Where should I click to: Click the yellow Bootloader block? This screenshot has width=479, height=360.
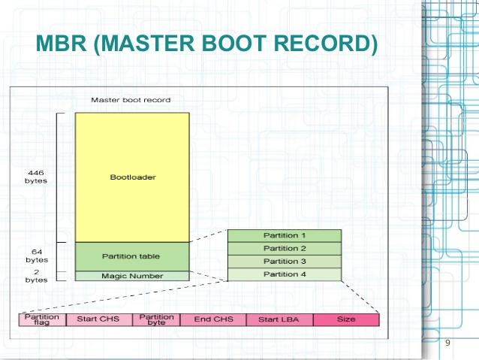pyautogui.click(x=131, y=177)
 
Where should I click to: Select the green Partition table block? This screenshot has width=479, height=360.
pyautogui.click(x=131, y=256)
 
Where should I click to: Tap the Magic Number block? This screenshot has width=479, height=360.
pyautogui.click(x=131, y=276)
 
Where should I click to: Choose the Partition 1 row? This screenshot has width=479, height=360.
pyautogui.click(x=285, y=235)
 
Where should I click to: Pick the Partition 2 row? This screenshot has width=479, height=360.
pyautogui.click(x=285, y=248)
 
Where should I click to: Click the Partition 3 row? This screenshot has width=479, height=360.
pyautogui.click(x=285, y=261)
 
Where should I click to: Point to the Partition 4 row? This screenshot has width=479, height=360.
pyautogui.click(x=285, y=274)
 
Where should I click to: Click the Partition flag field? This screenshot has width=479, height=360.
pyautogui.click(x=42, y=319)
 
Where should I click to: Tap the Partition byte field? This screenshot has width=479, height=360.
pyautogui.click(x=156, y=319)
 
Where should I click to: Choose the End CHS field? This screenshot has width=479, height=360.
pyautogui.click(x=213, y=319)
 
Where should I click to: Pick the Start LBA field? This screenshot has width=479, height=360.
pyautogui.click(x=279, y=319)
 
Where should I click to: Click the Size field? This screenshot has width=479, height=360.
pyautogui.click(x=346, y=319)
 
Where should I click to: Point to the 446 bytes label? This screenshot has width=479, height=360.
pyautogui.click(x=36, y=177)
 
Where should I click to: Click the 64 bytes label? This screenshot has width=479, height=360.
pyautogui.click(x=36, y=256)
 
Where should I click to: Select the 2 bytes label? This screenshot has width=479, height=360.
pyautogui.click(x=36, y=276)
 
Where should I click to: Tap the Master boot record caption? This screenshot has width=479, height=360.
pyautogui.click(x=131, y=99)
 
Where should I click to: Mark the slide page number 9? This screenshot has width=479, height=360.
pyautogui.click(x=447, y=343)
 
